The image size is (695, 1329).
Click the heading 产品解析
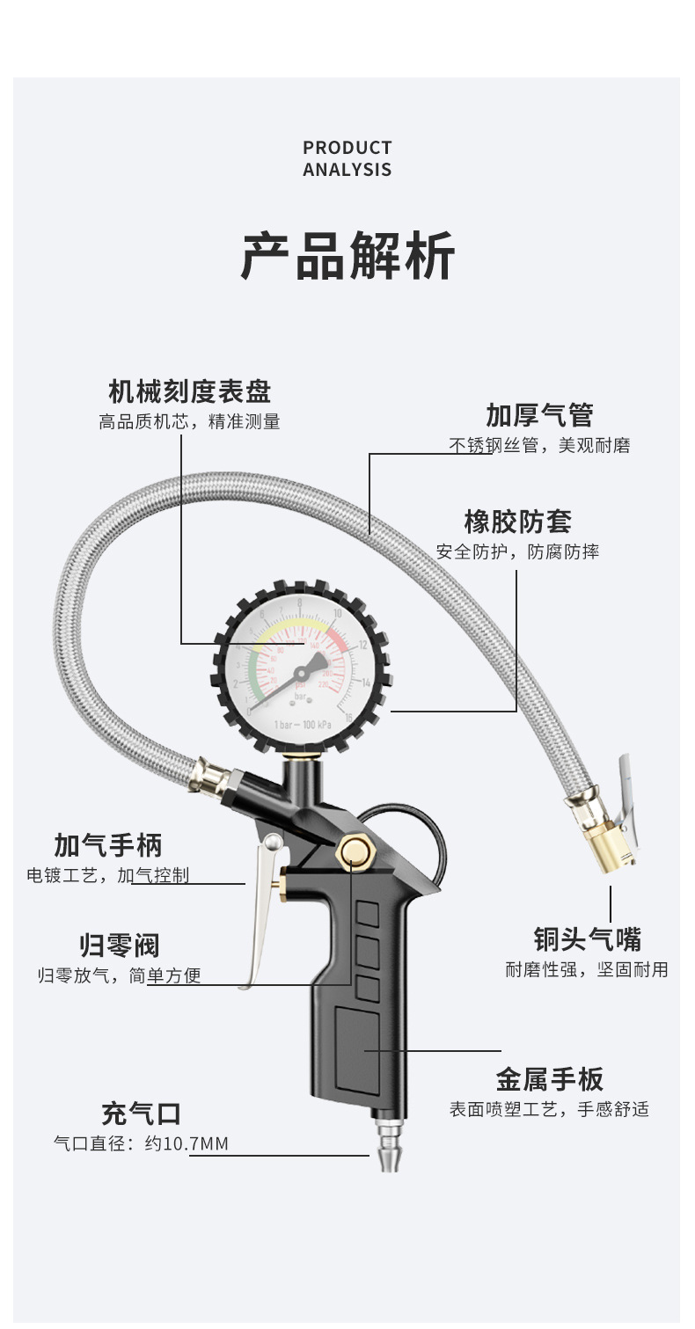coord(347,257)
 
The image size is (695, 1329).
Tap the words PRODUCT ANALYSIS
coord(347,159)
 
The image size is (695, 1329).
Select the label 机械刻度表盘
coord(189,391)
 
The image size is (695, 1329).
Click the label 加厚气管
coord(539,415)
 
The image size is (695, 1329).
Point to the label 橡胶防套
coord(518,522)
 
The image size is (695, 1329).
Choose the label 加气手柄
coord(108,845)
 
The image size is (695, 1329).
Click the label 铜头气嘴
coord(587,939)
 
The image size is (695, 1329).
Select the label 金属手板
coord(549,1079)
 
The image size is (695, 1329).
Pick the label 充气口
coord(141,1114)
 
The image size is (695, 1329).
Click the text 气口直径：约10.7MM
coord(141,1143)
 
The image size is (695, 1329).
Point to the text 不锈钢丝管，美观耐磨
coord(539,446)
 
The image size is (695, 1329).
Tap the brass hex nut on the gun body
coord(355,852)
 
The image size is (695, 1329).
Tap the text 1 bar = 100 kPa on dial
coord(302,724)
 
